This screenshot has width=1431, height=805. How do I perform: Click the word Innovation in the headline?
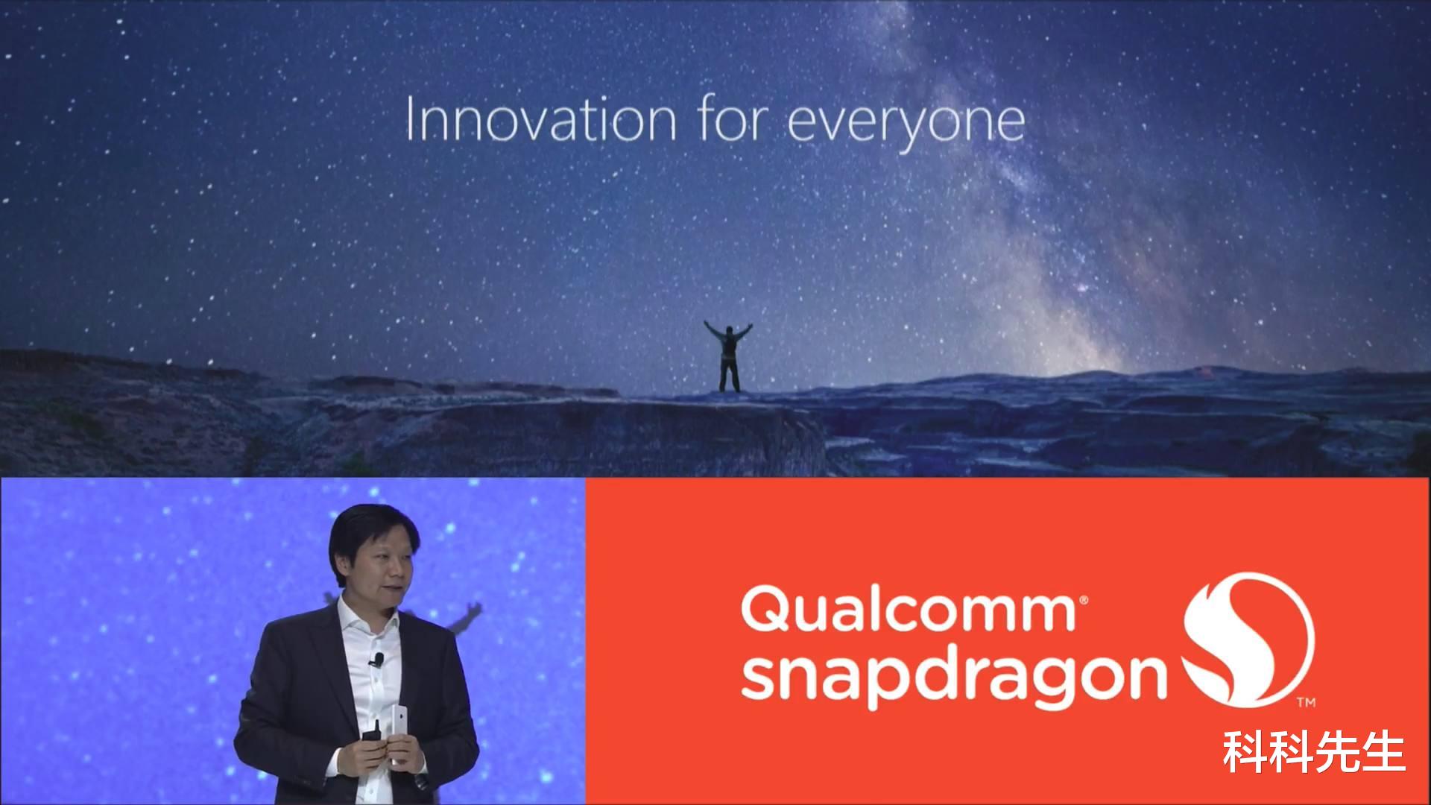(x=541, y=120)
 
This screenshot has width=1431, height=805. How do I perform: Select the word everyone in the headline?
(x=906, y=126)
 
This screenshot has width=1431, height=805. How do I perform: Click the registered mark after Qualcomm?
(x=1081, y=599)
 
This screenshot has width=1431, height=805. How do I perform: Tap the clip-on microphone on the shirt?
(x=378, y=660)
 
